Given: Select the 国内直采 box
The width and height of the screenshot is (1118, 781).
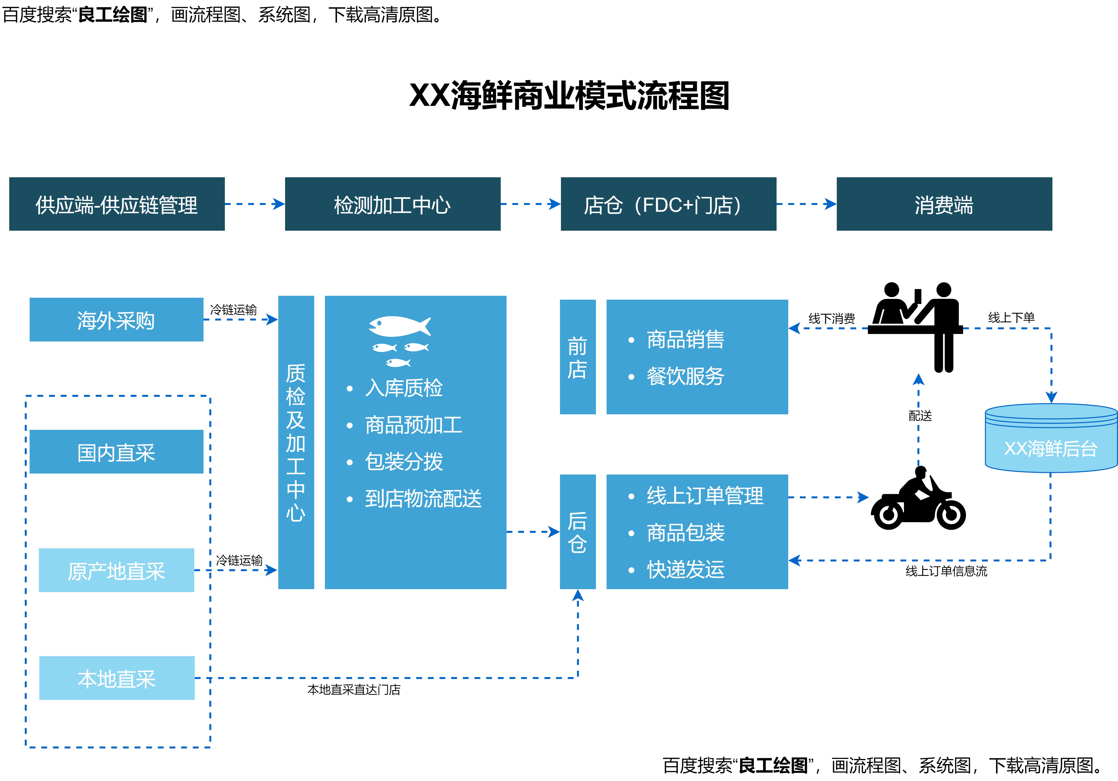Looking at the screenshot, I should [x=116, y=452].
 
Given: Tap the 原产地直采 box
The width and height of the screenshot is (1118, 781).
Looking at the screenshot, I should [x=116, y=570].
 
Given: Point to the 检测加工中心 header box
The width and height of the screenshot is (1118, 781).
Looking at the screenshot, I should [x=392, y=204].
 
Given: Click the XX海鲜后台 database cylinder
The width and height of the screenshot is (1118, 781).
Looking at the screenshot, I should [x=1051, y=438].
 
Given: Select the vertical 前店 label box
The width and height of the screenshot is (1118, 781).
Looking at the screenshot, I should [x=577, y=357].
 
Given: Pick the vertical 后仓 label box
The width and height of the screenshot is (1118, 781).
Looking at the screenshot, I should [x=577, y=532].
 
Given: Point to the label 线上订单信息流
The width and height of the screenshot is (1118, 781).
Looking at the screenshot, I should [x=946, y=571].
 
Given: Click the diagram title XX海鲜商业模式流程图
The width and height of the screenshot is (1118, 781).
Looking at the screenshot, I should [x=569, y=95].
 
